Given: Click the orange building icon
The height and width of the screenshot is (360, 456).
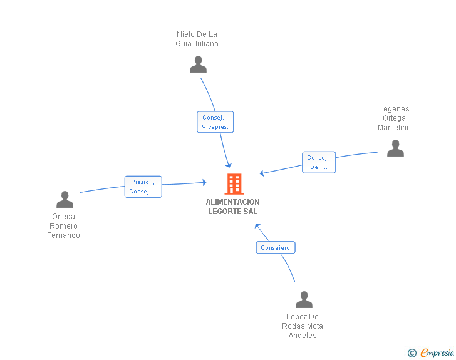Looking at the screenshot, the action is [234, 184].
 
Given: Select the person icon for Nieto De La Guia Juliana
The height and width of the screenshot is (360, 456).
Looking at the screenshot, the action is [198, 64].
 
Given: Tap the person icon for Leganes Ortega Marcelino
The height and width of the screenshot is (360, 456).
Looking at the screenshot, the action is [395, 148].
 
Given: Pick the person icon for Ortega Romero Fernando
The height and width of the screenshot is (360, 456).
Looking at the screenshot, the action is [65, 200].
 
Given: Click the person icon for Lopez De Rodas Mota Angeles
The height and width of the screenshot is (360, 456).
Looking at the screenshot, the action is [304, 299].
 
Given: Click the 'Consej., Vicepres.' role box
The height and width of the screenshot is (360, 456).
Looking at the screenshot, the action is [215, 122].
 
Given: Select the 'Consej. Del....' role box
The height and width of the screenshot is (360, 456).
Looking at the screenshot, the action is [319, 162].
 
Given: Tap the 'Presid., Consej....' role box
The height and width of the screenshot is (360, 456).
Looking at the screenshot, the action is [143, 187].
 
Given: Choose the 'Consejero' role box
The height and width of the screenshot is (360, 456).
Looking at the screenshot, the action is [276, 247].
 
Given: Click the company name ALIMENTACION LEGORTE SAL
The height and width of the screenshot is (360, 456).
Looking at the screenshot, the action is [232, 207].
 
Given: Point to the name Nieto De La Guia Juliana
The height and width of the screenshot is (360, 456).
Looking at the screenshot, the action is [197, 39].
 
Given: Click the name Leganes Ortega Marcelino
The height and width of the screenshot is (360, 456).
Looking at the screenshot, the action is [394, 118].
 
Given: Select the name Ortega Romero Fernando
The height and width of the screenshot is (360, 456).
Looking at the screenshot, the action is [63, 226].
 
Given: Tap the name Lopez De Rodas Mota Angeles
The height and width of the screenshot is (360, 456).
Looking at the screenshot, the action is [303, 326].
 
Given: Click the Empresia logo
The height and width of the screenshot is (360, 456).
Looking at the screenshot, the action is [437, 352].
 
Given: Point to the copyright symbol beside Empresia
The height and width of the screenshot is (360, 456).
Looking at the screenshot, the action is [412, 353].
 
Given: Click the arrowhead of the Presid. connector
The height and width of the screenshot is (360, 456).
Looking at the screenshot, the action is [205, 182].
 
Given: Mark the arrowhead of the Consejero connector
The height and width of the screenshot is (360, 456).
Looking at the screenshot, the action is [257, 225].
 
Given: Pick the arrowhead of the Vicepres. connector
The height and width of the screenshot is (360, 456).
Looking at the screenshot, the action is [229, 165].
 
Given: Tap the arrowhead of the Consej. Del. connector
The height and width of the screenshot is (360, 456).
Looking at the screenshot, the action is [261, 173].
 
